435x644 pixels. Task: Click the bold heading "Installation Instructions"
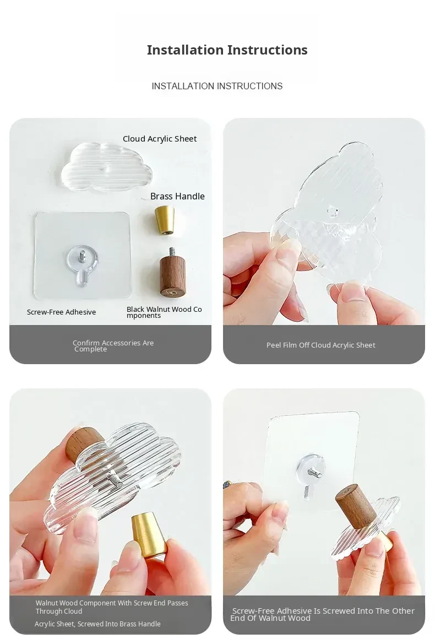pyautogui.click(x=227, y=50)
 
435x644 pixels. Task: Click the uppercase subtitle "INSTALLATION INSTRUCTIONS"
pyautogui.click(x=217, y=86)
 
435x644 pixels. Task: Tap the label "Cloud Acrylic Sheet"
pyautogui.click(x=160, y=139)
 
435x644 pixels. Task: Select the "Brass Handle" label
pyautogui.click(x=177, y=196)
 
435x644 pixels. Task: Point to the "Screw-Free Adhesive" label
pyautogui.click(x=62, y=312)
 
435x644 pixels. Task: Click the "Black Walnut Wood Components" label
pyautogui.click(x=164, y=312)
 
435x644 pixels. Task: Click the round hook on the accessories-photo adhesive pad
pyautogui.click(x=82, y=262)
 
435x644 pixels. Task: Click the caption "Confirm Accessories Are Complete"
pyautogui.click(x=113, y=346)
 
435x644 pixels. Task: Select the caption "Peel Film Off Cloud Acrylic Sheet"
pyautogui.click(x=321, y=345)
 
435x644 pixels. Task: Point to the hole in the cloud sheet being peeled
pyautogui.click(x=332, y=212)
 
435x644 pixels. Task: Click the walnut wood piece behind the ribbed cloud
pyautogui.click(x=85, y=443)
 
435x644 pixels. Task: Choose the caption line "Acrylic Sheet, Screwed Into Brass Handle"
pyautogui.click(x=97, y=624)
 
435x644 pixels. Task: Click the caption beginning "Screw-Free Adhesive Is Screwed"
pyautogui.click(x=323, y=614)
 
